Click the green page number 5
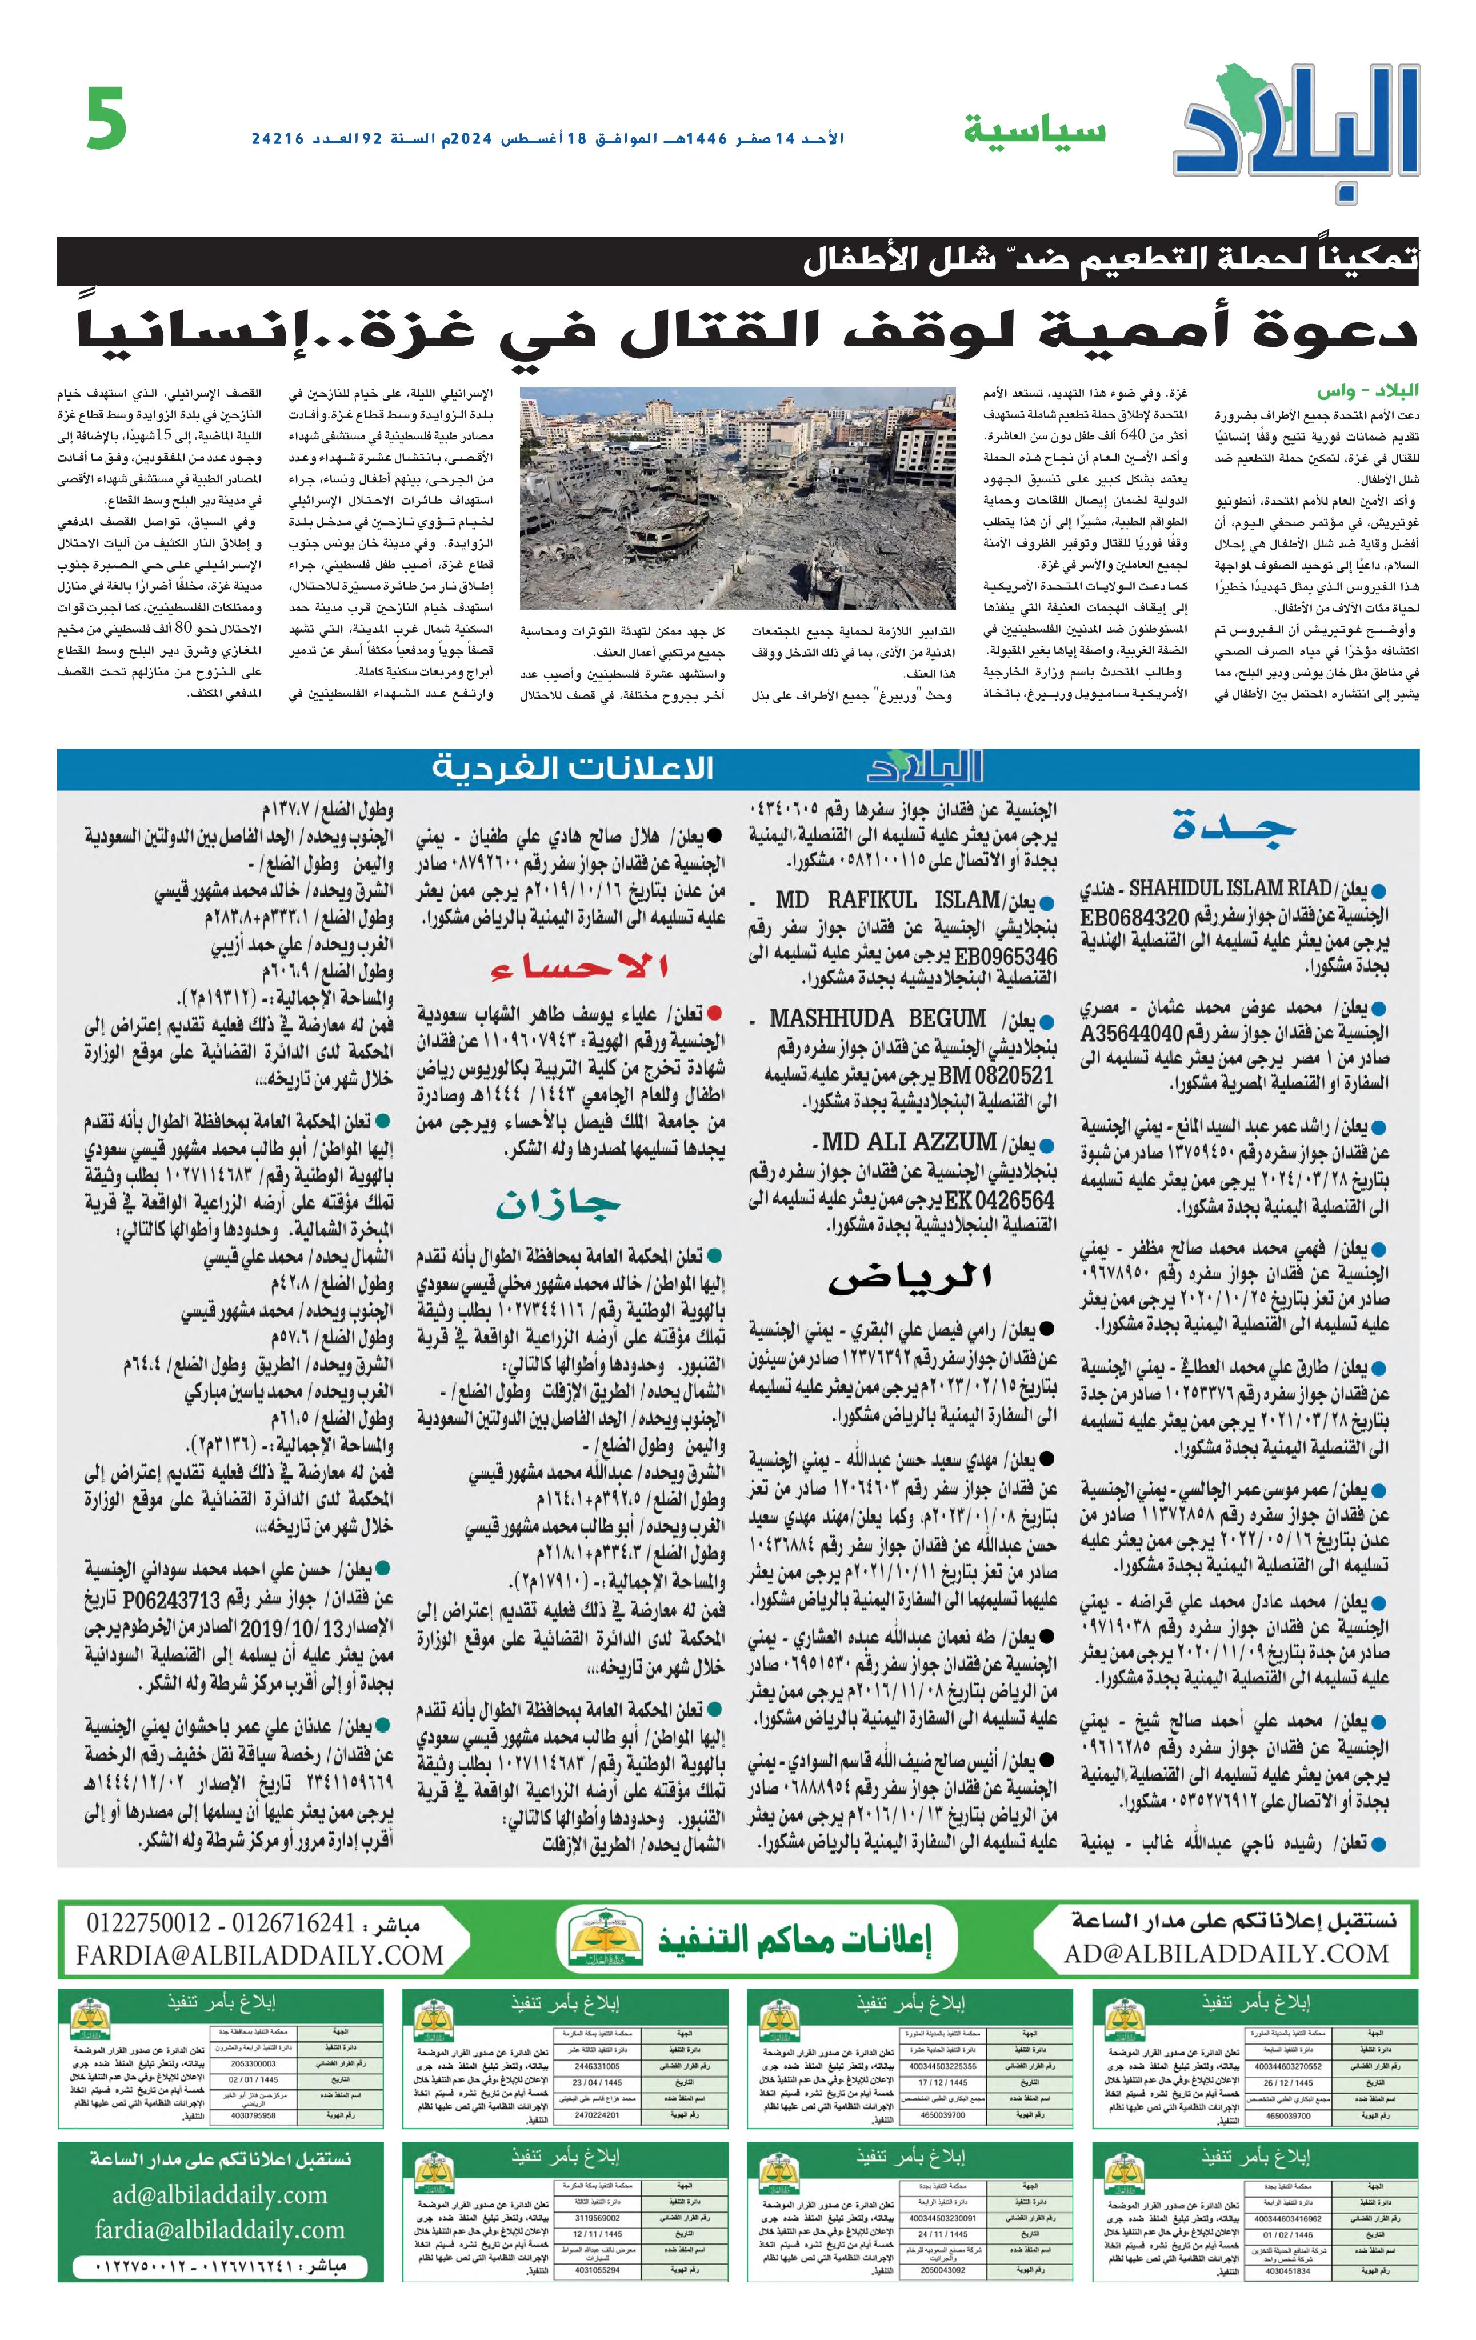pyautogui.click(x=107, y=119)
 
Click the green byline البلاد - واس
pyautogui.click(x=1367, y=391)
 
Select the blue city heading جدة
pyautogui.click(x=1234, y=825)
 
